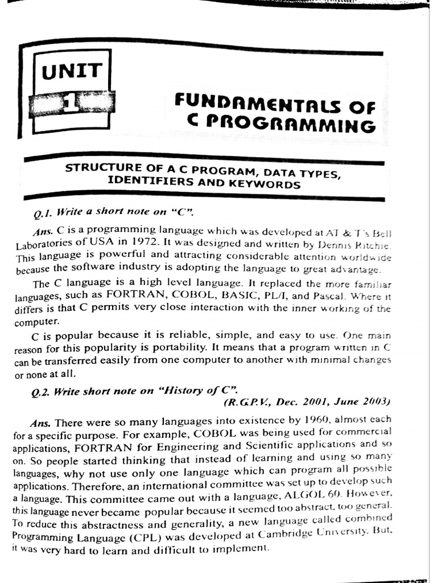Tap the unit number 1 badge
point(71,105)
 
